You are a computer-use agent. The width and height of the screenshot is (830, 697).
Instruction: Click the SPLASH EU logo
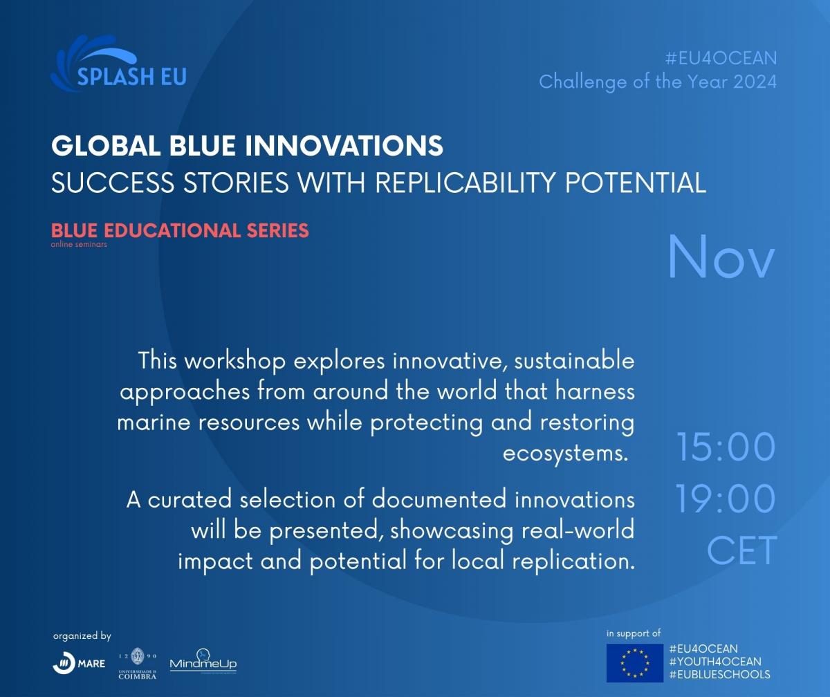118,64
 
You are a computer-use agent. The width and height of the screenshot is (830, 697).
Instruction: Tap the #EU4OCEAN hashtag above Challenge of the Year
721,58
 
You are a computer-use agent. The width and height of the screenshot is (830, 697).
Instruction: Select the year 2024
755,82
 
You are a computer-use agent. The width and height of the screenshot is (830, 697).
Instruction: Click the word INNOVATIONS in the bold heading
344,145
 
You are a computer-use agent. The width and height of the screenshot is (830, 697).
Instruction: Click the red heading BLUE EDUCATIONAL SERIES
180,230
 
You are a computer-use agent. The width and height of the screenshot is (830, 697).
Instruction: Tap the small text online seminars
79,244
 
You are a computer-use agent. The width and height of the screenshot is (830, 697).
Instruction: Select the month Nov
721,257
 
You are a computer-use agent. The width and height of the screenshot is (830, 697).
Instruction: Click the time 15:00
726,447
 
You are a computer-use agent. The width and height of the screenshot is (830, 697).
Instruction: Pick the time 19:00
726,499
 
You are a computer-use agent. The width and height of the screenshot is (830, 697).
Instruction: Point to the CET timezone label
741,550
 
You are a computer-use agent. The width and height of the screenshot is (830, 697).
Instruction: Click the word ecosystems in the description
565,454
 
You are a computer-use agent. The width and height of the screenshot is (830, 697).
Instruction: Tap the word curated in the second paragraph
190,499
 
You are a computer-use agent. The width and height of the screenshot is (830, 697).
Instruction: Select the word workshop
235,362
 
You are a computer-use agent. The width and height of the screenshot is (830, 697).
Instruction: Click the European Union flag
635,663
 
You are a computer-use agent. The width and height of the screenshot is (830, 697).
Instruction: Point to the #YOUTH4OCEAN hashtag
715,662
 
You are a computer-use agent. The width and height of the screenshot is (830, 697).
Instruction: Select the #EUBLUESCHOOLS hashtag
720,675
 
